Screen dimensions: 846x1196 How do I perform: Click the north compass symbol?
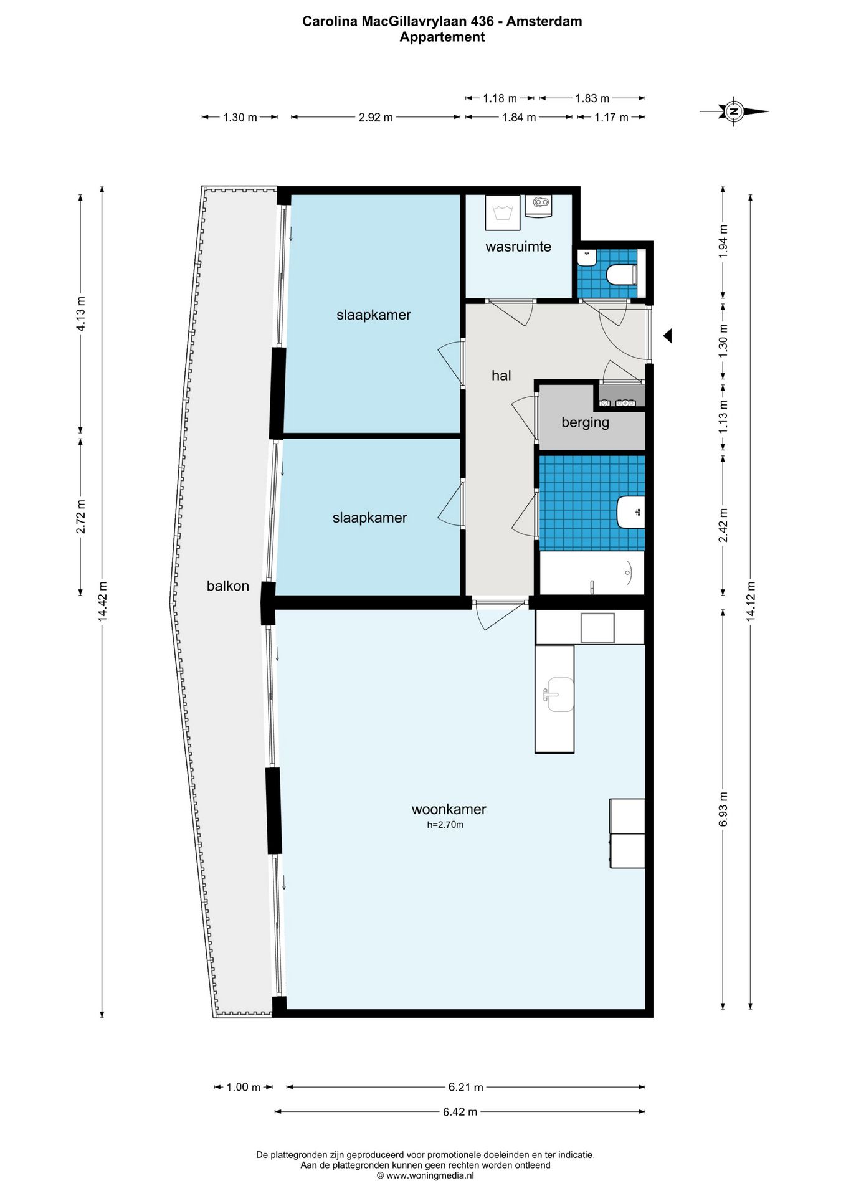[734, 112]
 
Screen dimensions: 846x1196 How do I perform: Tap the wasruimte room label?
[518, 247]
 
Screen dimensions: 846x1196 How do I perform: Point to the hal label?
[501, 375]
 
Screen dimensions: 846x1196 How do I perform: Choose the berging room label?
[585, 422]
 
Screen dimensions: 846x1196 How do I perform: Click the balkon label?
[228, 586]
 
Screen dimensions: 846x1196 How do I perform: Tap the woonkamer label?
[449, 809]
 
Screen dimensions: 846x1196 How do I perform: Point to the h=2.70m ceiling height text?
[445, 825]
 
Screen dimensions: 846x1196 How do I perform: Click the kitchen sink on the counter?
[559, 695]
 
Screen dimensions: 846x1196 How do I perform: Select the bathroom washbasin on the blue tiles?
[630, 512]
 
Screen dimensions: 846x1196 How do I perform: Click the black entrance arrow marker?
[667, 336]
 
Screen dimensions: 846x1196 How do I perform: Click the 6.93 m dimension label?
[723, 809]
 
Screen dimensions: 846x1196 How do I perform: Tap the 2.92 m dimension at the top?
[376, 117]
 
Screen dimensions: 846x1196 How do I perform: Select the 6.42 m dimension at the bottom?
[460, 1111]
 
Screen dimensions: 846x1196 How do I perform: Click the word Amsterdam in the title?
[544, 21]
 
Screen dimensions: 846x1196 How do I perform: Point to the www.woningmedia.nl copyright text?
[425, 1175]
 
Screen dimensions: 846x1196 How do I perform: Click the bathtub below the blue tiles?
[591, 573]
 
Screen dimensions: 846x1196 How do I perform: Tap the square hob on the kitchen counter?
[598, 627]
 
